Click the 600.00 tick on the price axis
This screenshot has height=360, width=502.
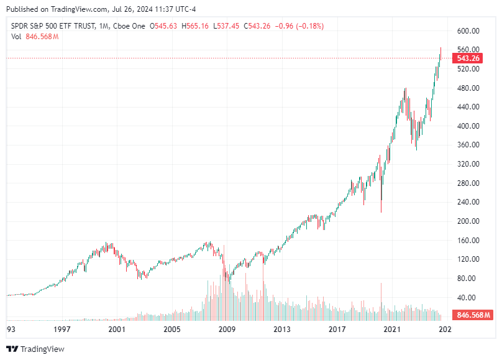click(x=468, y=30)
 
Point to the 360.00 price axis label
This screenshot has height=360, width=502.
click(x=468, y=145)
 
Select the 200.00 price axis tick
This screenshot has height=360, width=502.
click(x=468, y=221)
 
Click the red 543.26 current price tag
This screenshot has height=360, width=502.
click(x=468, y=58)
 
